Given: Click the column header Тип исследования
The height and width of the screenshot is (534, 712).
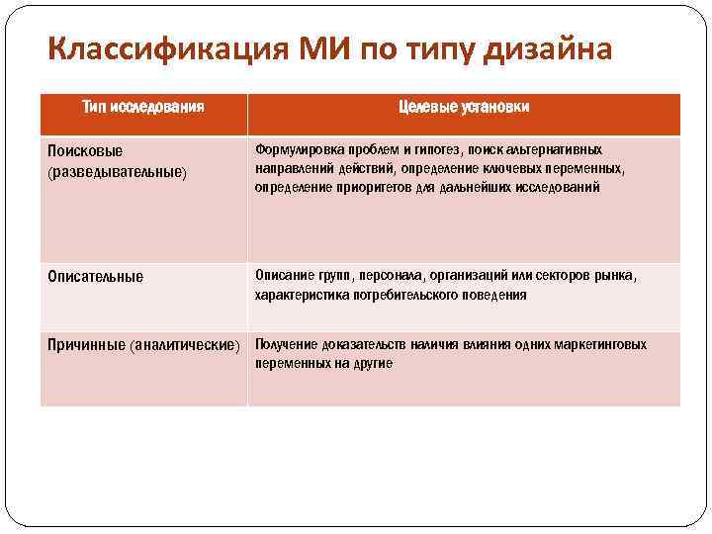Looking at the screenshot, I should (x=143, y=107).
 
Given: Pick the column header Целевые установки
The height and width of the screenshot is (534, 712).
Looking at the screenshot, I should (x=463, y=107).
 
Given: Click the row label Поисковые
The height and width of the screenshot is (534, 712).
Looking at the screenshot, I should (x=86, y=150).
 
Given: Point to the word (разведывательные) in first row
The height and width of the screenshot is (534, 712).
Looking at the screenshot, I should (x=118, y=171).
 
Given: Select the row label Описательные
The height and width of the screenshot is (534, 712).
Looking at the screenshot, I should (x=96, y=277).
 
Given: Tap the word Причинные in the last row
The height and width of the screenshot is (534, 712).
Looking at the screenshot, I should (x=87, y=345).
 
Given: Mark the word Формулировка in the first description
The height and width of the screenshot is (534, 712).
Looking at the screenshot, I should (x=296, y=149).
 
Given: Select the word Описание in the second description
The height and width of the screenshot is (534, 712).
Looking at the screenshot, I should (x=284, y=276).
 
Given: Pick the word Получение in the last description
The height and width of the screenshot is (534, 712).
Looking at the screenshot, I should (x=287, y=344).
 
